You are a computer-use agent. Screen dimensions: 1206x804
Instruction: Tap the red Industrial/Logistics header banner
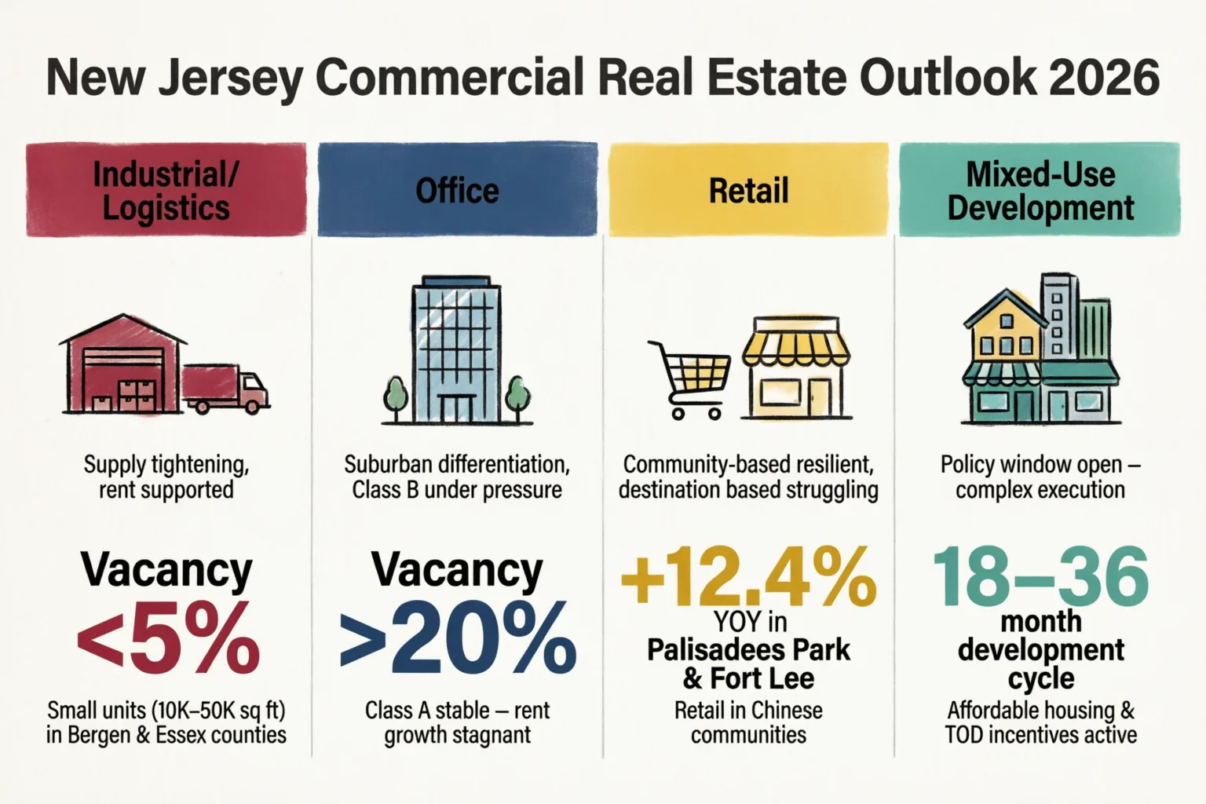click(x=166, y=189)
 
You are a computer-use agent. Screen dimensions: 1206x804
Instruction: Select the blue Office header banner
click(x=458, y=189)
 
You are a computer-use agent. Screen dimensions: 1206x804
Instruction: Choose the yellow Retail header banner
click(x=748, y=189)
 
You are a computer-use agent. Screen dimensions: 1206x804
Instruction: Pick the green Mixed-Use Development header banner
click(x=1040, y=189)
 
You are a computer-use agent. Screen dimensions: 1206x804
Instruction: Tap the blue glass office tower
click(x=456, y=350)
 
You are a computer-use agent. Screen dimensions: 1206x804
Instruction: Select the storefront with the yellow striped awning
click(x=795, y=368)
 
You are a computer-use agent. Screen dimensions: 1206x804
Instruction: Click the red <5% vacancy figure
click(x=168, y=639)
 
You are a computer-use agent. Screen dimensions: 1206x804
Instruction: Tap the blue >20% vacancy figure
click(x=458, y=639)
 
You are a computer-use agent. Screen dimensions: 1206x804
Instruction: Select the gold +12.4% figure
click(x=748, y=576)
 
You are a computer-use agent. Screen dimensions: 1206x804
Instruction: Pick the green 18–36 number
click(x=1040, y=576)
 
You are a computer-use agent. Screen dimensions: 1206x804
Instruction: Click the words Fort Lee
click(x=762, y=678)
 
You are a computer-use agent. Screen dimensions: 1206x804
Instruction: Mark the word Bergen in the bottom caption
click(x=99, y=736)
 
